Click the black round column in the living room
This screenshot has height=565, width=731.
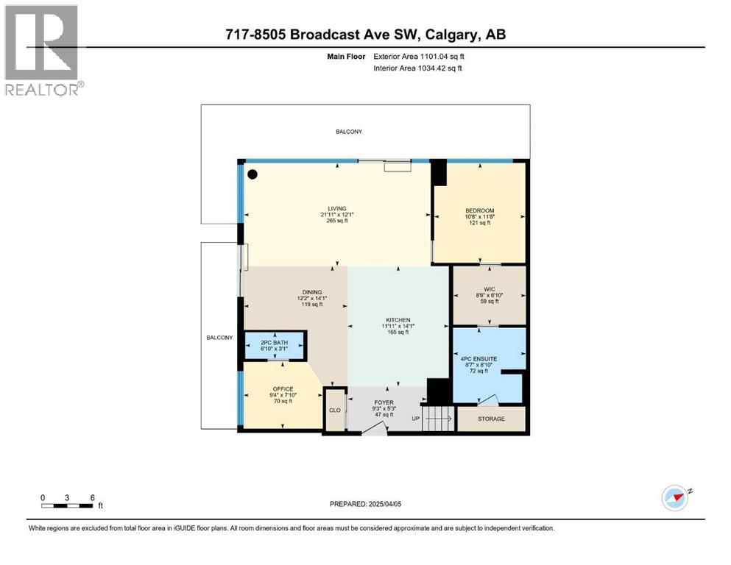253,174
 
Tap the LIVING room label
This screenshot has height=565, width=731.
338,208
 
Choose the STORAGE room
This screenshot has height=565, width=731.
491,419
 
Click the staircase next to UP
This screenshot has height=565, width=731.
439,420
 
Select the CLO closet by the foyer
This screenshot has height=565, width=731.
335,410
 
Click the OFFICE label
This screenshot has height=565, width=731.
283,389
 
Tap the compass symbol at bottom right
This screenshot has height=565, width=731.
674,497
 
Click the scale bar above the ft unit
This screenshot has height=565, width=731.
68,505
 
